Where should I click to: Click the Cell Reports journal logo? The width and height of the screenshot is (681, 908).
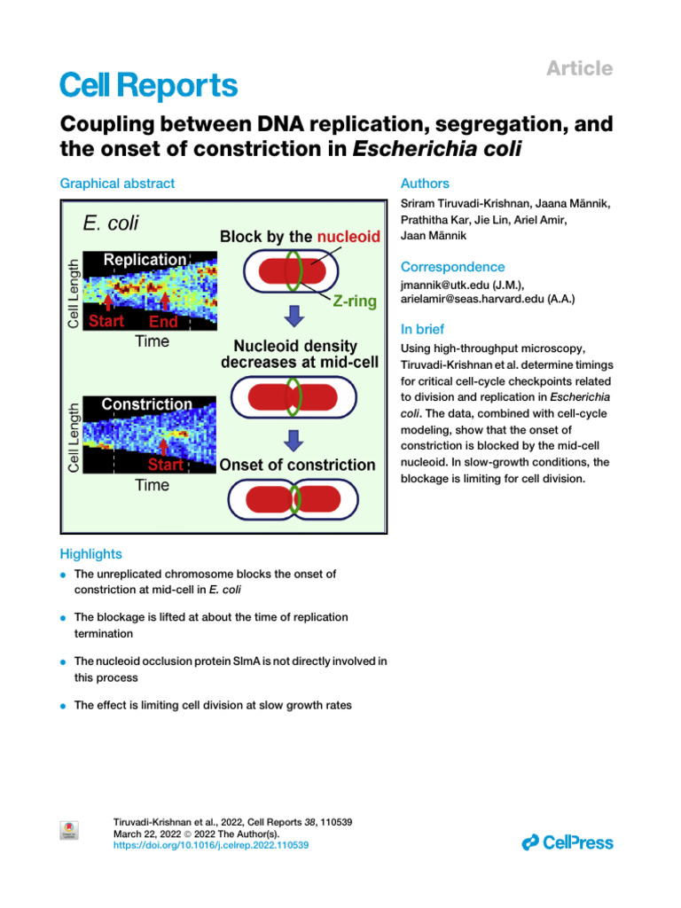point(148,86)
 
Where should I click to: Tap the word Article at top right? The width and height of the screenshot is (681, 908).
point(579,68)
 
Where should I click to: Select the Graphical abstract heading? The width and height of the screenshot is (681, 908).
point(117,184)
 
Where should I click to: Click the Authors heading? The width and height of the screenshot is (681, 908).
point(425,184)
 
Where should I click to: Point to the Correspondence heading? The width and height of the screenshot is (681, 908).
point(452,267)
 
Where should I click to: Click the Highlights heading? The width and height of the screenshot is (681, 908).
point(90,554)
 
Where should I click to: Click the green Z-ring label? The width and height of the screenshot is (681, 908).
point(354,301)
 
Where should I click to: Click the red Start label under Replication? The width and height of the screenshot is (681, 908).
point(106,321)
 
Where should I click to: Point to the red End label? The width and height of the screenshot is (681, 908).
point(163,321)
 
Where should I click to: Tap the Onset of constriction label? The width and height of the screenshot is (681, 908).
point(297,465)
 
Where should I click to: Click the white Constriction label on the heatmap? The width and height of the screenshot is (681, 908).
point(146,404)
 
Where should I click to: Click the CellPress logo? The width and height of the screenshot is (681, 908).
point(567,842)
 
